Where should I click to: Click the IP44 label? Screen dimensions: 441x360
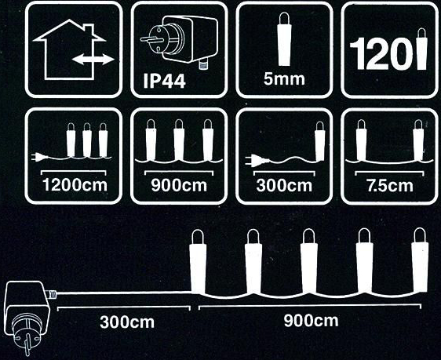(164, 82)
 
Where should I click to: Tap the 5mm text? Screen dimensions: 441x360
(284, 79)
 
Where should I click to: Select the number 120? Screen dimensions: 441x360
(382, 54)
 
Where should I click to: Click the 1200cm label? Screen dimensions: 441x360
(75, 185)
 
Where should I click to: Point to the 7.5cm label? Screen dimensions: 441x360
(390, 185)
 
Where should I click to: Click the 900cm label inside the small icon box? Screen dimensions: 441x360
(179, 185)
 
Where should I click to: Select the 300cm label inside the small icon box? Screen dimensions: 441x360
(284, 185)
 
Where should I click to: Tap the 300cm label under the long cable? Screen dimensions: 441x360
(127, 322)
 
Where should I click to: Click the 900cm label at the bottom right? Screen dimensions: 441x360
(311, 321)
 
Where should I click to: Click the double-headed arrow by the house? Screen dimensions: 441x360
(93, 60)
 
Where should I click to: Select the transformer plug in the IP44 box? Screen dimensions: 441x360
(179, 41)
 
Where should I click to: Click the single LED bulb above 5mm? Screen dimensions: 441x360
(284, 38)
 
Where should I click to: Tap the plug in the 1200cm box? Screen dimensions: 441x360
(40, 157)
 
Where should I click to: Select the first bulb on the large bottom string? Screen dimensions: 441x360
(198, 261)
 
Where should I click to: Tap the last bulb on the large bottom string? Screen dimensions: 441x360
(420, 260)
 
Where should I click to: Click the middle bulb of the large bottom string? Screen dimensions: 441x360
(309, 261)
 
